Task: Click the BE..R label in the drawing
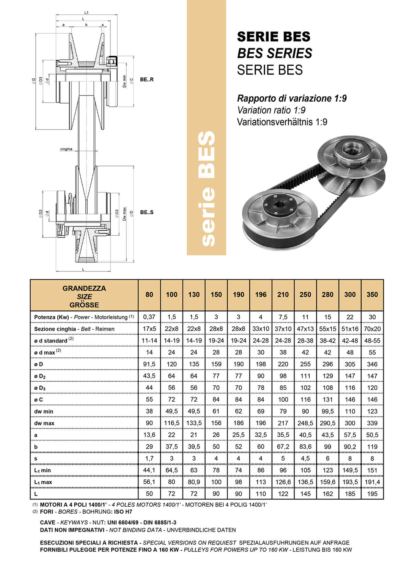point(147,79)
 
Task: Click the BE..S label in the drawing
point(147,212)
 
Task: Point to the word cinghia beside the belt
point(66,149)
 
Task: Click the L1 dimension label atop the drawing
point(86,12)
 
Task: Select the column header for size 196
point(261,294)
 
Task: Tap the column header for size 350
point(372,294)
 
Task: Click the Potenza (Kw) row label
point(52,317)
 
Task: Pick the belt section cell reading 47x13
point(305,329)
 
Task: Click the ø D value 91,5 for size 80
point(149,364)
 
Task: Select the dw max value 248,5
point(305,423)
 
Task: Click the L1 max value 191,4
point(372,482)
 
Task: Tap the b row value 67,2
point(283,447)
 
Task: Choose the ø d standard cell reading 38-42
point(328,341)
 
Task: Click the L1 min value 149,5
point(350,470)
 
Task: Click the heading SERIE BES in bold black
point(274,36)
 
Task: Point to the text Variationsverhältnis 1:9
point(282,122)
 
